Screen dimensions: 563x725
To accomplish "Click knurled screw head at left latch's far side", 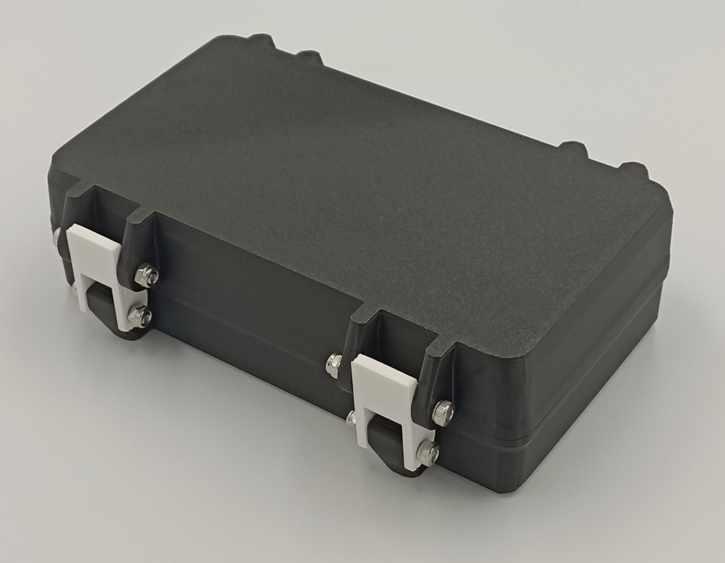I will tap(56, 234).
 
